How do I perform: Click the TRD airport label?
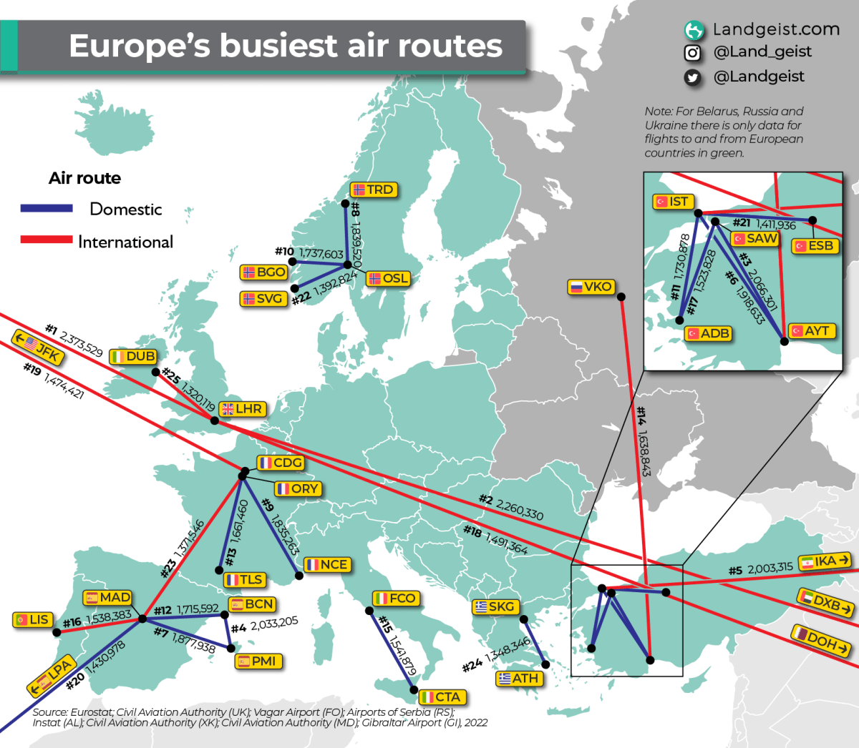click(374, 190)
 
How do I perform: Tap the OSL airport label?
click(389, 279)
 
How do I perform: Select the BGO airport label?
click(264, 272)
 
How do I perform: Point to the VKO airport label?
click(591, 287)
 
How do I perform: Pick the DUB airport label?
click(134, 357)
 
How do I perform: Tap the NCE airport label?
click(327, 565)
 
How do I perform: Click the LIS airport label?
click(32, 620)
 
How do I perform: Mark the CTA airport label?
click(441, 697)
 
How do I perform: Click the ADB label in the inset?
click(708, 333)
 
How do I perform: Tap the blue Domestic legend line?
click(47, 209)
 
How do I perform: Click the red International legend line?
click(47, 240)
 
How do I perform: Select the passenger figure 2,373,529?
click(81, 343)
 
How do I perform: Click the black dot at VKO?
click(621, 297)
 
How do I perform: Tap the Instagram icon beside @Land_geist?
click(692, 53)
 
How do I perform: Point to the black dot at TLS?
click(220, 570)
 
